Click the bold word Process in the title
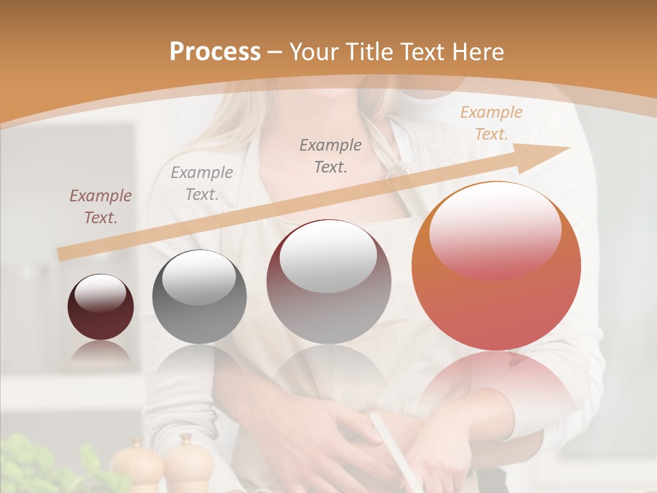215,52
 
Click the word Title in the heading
366,52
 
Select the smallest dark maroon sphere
101,307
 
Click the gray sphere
199,296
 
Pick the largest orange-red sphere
496,266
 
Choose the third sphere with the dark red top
329,281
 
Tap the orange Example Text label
491,123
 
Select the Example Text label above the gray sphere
202,183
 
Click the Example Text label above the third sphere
331,155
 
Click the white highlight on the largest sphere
494,229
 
